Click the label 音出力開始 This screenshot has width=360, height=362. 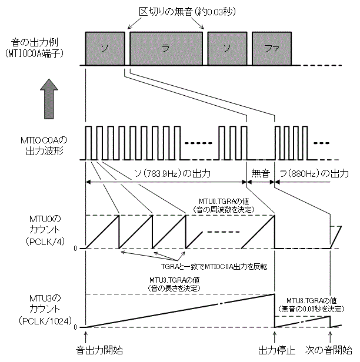pos(100,350)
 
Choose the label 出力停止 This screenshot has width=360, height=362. pos(276,350)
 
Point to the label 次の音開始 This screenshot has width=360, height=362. pos(327,350)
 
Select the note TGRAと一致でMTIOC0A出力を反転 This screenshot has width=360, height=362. pos(215,266)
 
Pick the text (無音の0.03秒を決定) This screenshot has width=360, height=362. pos(315,308)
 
